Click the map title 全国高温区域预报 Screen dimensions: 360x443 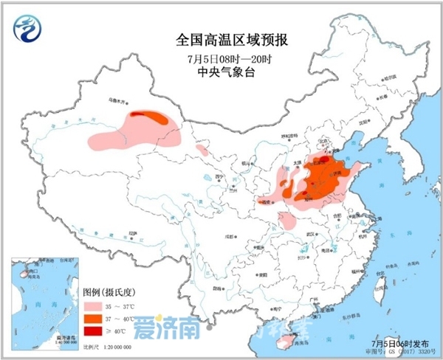pyautogui.click(x=221, y=38)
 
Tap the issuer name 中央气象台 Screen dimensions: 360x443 pyautogui.click(x=221, y=72)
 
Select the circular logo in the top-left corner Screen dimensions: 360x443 pyautogui.click(x=28, y=30)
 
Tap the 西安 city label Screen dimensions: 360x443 pyautogui.click(x=267, y=201)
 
